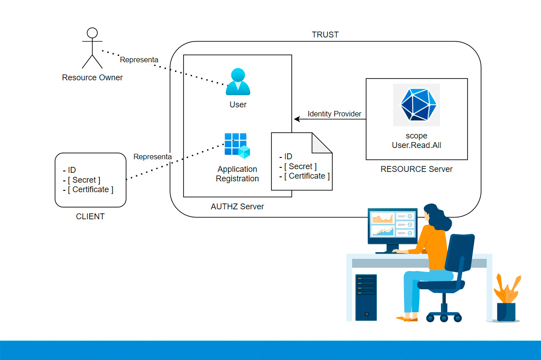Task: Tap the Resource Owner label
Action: tap(92, 78)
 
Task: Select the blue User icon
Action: tap(238, 82)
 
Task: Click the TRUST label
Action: tap(325, 35)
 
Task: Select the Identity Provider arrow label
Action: tap(335, 114)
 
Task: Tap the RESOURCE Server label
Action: tap(417, 169)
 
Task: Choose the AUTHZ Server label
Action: tap(237, 207)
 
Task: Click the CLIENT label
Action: tap(90, 217)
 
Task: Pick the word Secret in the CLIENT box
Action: tap(86, 180)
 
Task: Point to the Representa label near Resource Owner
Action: tap(139, 60)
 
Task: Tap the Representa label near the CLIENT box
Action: tap(152, 157)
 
